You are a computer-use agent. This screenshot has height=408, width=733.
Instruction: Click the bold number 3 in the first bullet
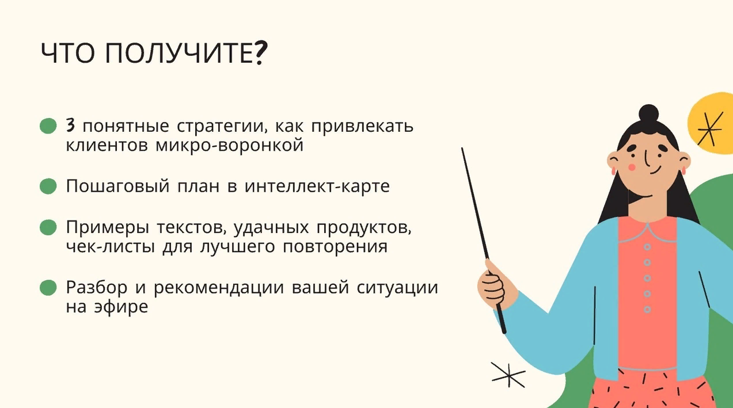pyautogui.click(x=70, y=125)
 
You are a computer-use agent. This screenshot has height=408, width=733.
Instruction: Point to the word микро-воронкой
pyautogui.click(x=229, y=146)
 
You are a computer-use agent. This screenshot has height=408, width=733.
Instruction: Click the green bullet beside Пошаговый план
pyautogui.click(x=48, y=186)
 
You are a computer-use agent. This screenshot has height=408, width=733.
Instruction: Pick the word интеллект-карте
pyautogui.click(x=317, y=186)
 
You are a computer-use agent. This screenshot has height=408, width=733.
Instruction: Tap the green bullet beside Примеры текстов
pyautogui.click(x=48, y=227)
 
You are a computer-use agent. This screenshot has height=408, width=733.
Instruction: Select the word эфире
pyautogui.click(x=121, y=307)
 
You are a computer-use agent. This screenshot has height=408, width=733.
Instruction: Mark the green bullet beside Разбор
pyautogui.click(x=48, y=288)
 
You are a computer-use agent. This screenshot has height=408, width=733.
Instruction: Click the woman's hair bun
pyautogui.click(x=648, y=113)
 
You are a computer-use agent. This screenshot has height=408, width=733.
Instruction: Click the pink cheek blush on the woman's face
pyautogui.click(x=632, y=167)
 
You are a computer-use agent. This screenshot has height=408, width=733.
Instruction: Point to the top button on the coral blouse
pyautogui.click(x=647, y=247)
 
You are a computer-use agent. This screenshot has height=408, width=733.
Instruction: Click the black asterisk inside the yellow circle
pyautogui.click(x=709, y=129)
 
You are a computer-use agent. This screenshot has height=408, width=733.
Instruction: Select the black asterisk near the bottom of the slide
pyautogui.click(x=508, y=375)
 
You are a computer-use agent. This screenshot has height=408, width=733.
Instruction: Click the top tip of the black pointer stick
pyautogui.click(x=462, y=148)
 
